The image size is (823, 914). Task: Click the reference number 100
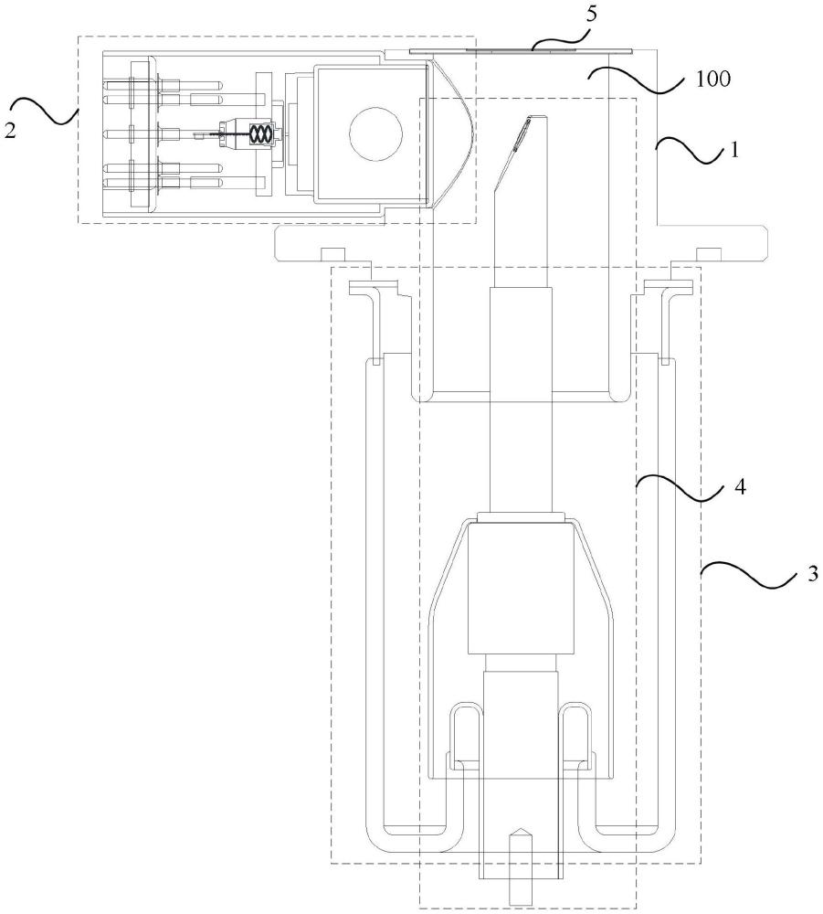tap(712, 79)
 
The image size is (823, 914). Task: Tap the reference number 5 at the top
tap(591, 14)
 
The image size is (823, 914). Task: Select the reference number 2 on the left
tap(10, 131)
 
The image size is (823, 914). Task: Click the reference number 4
tap(739, 487)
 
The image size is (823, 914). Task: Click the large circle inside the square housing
tap(375, 134)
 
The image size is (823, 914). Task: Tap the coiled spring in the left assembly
tap(259, 134)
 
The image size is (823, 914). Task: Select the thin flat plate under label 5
tap(522, 50)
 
